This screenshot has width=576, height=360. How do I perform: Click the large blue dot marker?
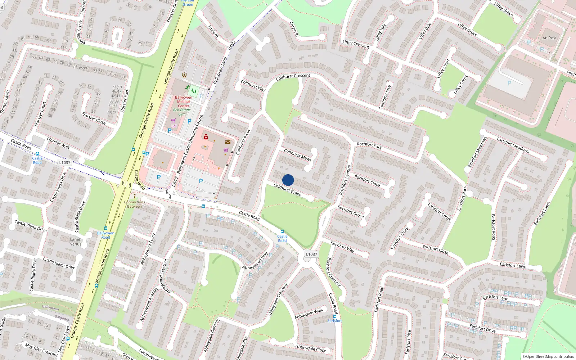pos(288,180)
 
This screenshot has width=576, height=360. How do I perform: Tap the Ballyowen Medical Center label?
pos(184,102)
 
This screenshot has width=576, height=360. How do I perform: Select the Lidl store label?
pos(174,126)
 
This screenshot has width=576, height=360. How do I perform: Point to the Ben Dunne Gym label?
pos(182,112)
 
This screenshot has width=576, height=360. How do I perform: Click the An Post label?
pos(549,38)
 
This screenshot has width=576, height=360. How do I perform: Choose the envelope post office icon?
pos(228,142)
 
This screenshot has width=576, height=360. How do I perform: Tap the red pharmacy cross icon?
pos(206,137)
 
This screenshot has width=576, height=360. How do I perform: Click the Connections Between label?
pos(135,204)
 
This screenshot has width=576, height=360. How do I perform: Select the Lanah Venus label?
pos(76,242)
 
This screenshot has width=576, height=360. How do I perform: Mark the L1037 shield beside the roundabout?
pos(311,254)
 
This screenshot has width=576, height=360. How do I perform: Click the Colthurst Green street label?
pos(287,190)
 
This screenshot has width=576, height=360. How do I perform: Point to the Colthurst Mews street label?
pos(298,155)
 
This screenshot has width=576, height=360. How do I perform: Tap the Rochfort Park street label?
pos(369,145)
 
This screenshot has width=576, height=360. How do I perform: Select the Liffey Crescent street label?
pos(356,44)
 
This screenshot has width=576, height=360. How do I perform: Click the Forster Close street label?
pos(94,118)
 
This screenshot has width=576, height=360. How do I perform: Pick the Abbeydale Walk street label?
pos(309,314)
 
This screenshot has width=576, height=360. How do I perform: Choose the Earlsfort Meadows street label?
pos(513,145)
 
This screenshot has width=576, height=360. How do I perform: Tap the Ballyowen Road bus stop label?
pos(106,235)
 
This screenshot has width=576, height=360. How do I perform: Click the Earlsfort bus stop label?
pos(335,321)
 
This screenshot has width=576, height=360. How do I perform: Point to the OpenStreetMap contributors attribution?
pos(548,356)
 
